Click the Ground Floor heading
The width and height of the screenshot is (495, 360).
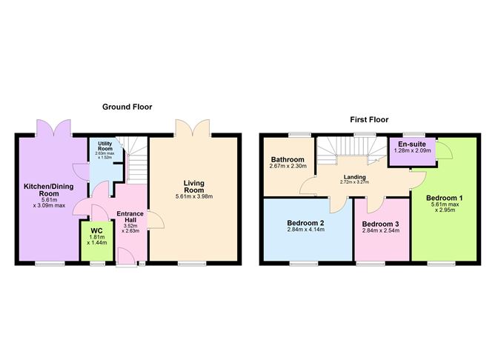[x=127, y=107]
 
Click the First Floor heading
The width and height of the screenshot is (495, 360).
[x=368, y=119]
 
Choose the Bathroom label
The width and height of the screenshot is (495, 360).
[x=288, y=159]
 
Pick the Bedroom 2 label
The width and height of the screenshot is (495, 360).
[x=305, y=223]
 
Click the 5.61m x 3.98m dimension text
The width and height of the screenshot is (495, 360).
[x=195, y=196]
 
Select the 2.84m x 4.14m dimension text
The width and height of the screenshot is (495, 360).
[x=305, y=231]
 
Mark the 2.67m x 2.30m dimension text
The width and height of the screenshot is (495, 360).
[x=288, y=167]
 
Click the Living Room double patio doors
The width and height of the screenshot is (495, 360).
[x=192, y=127]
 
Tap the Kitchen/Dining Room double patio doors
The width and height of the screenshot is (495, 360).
[x=53, y=127]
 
